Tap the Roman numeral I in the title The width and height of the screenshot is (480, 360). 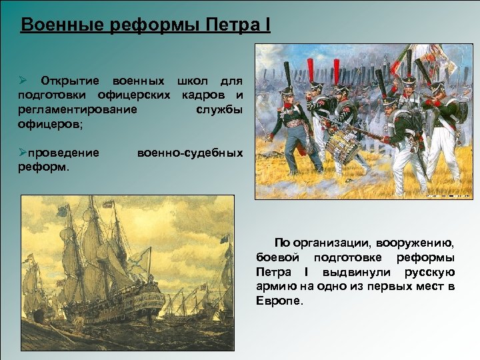point(267,25)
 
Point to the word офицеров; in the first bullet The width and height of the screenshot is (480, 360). point(47,124)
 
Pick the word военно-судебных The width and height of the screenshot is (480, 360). point(189,153)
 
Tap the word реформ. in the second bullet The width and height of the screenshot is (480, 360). point(43,167)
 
